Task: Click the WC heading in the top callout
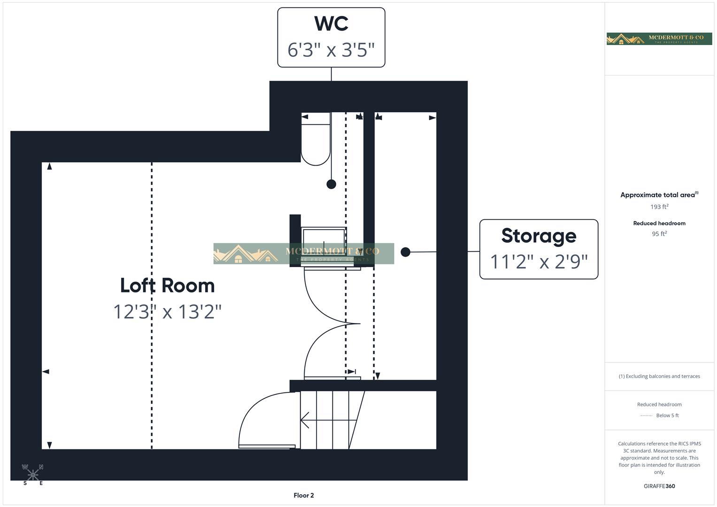(331, 23)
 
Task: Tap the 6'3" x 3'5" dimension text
(331, 50)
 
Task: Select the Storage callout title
(539, 236)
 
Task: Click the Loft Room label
(167, 285)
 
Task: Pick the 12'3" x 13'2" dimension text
(167, 312)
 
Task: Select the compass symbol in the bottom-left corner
(33, 475)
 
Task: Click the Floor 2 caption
(304, 495)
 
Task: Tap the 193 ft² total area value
(659, 207)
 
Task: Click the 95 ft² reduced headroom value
(659, 234)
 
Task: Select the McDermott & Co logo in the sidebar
(659, 39)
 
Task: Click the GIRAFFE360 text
(659, 486)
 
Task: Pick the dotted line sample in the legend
(646, 415)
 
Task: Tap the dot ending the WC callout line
(331, 184)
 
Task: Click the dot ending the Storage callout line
(406, 252)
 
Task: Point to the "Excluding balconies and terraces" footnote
(659, 376)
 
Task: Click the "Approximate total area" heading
(658, 195)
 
